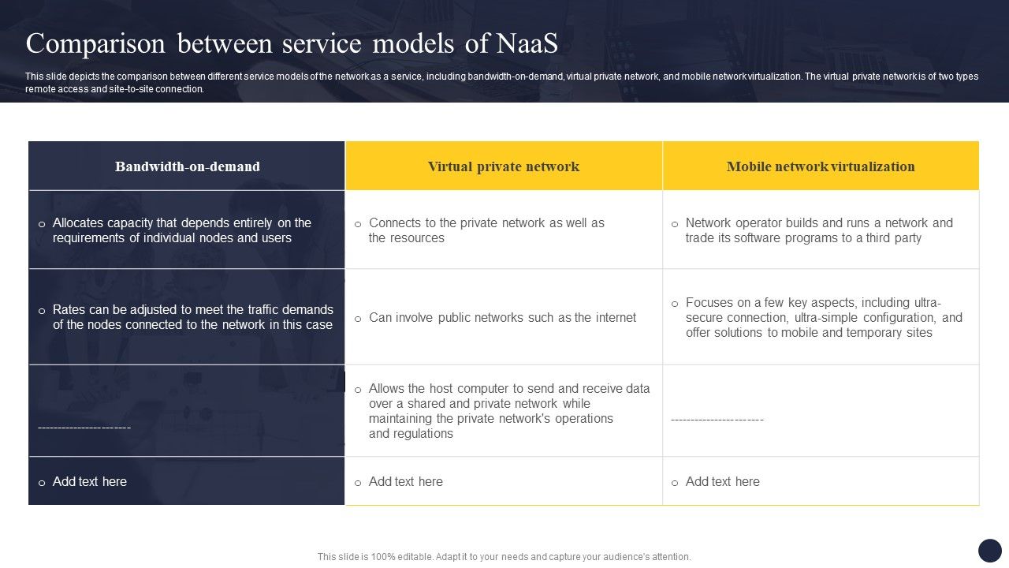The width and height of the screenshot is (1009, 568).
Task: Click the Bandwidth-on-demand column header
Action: (187, 166)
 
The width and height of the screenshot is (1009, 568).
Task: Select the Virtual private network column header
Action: (504, 166)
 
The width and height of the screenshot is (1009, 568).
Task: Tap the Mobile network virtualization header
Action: (821, 166)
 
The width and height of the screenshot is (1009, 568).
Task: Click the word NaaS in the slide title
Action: (527, 44)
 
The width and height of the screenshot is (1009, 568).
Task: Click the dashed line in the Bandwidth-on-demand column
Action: (84, 428)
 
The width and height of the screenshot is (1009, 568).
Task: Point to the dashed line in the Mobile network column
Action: (717, 420)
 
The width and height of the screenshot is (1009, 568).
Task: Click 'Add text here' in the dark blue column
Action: (89, 481)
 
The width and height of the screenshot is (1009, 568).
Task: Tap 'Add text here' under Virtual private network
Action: (405, 481)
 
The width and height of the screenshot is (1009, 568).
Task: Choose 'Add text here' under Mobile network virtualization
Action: (722, 481)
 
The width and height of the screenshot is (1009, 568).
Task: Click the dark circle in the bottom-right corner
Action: (989, 550)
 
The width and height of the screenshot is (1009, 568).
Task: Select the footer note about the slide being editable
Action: (504, 557)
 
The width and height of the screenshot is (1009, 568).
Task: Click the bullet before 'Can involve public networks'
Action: (358, 319)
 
